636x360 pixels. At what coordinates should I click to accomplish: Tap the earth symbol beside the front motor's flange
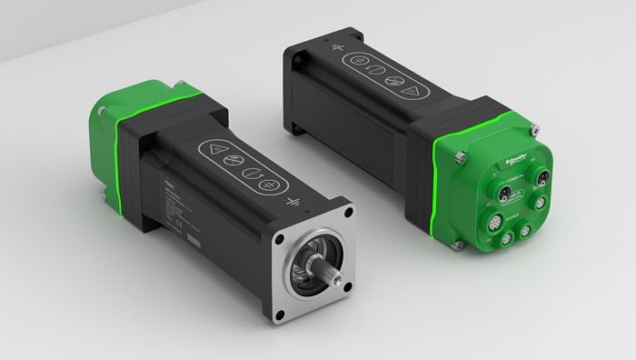tap(293, 202)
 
